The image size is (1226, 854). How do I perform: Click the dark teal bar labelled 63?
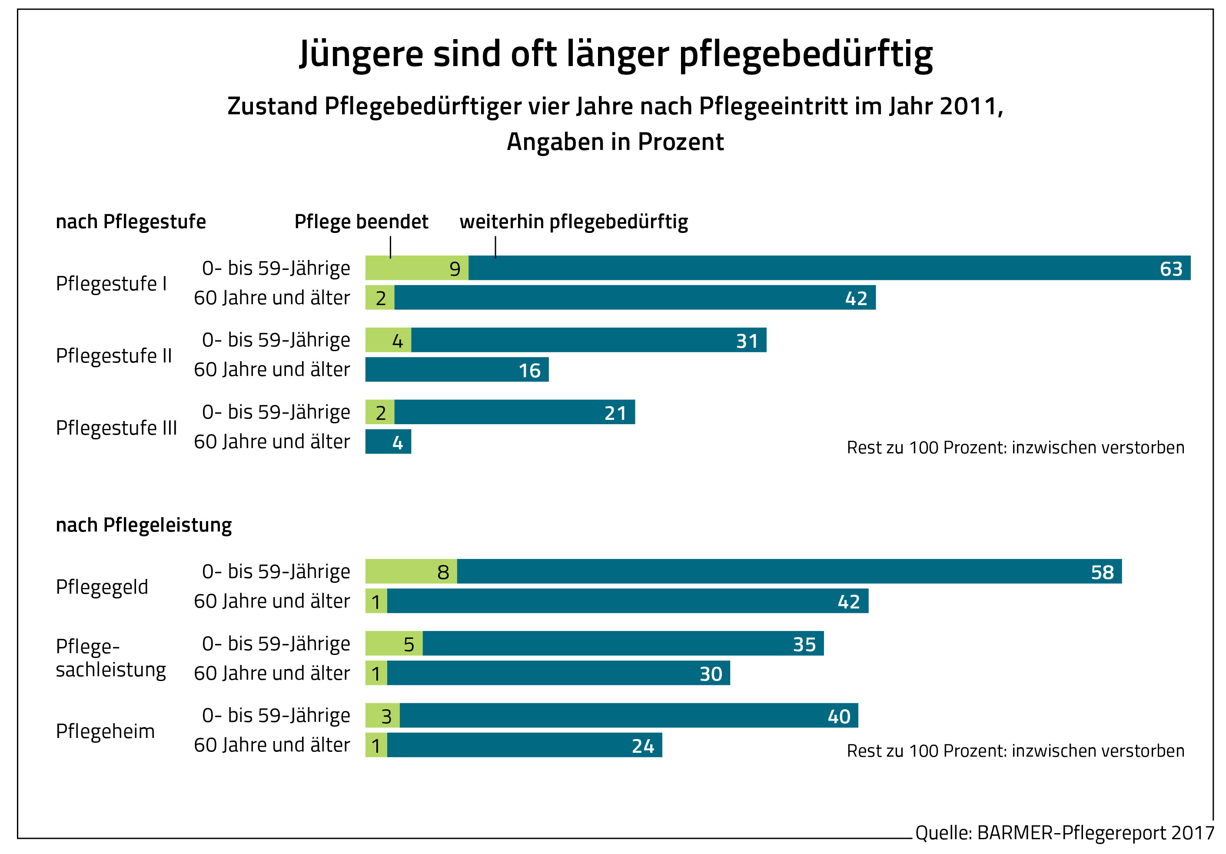tap(829, 268)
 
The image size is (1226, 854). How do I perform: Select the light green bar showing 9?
tap(416, 268)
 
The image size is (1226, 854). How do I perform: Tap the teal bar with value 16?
tap(457, 369)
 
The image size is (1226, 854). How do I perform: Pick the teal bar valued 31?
tap(588, 340)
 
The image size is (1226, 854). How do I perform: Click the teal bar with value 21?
tap(514, 412)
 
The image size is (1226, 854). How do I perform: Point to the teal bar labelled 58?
tap(789, 571)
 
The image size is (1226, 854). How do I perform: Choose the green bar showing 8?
tap(411, 571)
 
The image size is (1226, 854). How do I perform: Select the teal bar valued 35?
tap(623, 643)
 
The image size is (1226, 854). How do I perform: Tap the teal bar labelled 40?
tap(628, 715)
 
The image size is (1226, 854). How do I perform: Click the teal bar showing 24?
tap(525, 744)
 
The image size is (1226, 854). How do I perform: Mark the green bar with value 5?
tap(394, 643)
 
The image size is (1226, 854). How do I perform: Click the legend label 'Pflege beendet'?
tap(361, 222)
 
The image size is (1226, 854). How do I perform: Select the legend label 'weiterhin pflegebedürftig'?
tap(574, 222)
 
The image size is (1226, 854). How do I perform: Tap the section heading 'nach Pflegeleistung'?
tap(144, 525)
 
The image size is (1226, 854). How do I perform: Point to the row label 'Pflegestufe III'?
tap(116, 427)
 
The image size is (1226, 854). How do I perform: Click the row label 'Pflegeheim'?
tap(105, 731)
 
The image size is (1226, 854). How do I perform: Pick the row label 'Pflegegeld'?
tap(101, 586)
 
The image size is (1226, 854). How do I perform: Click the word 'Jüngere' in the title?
tap(361, 54)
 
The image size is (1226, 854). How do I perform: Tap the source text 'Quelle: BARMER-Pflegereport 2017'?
tap(1064, 833)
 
